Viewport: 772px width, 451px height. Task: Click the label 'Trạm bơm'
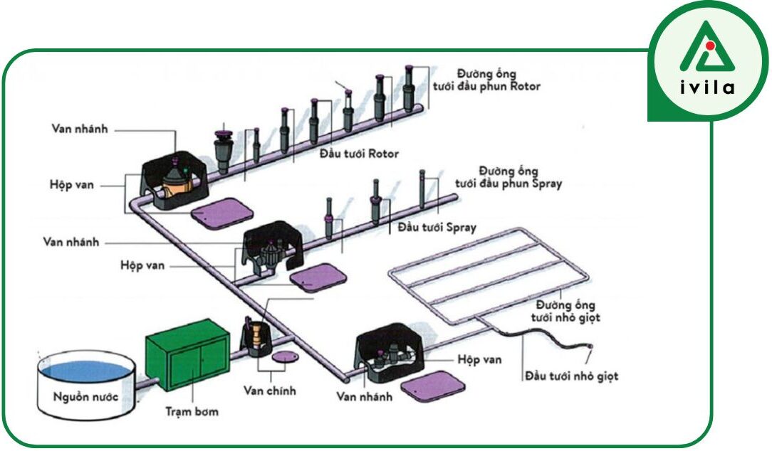tap(192, 411)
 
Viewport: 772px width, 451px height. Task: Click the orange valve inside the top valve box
tap(172, 186)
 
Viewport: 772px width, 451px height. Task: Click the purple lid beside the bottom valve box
tap(433, 387)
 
